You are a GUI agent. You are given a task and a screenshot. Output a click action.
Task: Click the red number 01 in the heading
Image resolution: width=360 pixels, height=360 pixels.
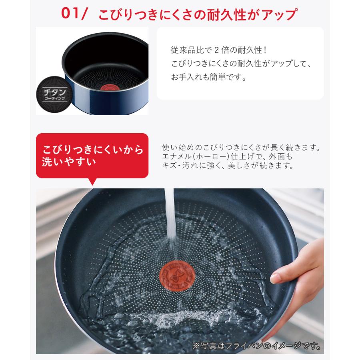point(71,14)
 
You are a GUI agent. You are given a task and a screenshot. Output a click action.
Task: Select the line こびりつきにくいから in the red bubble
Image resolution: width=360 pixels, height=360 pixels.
point(92,150)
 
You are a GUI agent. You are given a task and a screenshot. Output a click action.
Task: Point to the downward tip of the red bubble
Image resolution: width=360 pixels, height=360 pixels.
point(93,183)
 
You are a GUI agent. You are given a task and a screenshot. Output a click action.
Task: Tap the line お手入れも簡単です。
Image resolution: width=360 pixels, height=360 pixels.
point(208,76)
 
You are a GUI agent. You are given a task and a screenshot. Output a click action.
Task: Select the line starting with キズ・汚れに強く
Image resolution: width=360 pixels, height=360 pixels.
point(228,166)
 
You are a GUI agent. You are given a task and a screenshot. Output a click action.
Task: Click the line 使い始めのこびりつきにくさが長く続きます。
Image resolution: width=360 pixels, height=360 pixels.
point(241,147)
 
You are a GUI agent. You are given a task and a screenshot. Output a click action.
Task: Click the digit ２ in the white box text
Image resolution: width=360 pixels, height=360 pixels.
point(216,51)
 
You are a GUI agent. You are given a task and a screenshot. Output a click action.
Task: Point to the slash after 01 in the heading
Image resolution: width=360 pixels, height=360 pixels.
point(85,14)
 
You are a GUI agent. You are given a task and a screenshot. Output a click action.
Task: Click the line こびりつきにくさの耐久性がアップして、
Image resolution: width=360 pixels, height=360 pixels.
point(241,64)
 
